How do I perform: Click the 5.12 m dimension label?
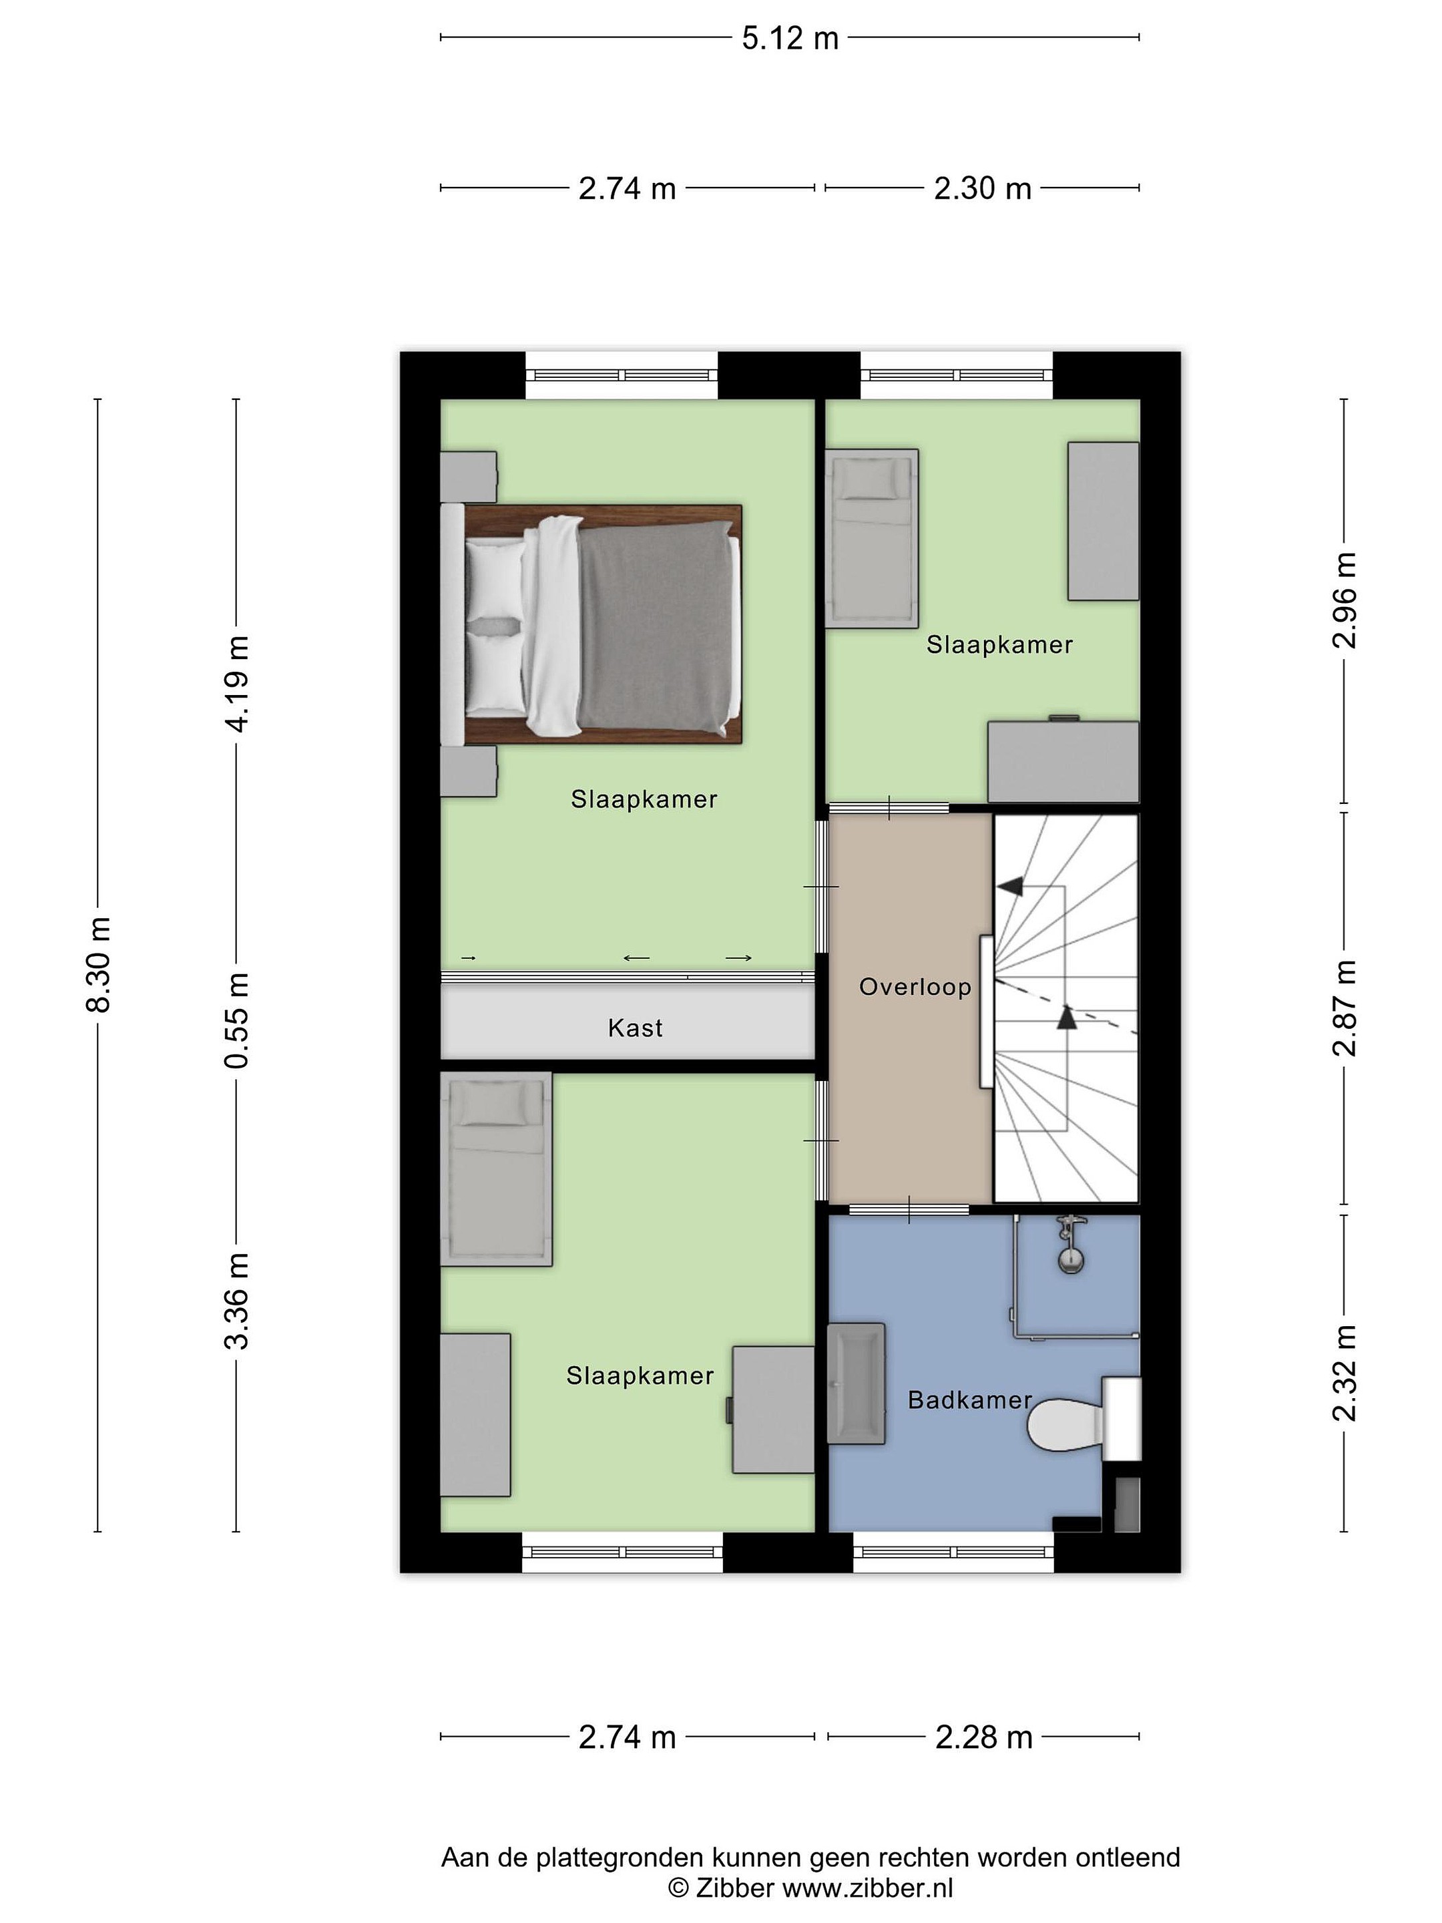coord(789,38)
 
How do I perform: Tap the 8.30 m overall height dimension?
coord(98,965)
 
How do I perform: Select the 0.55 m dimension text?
coord(236,1021)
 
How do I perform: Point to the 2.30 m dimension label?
coord(982,189)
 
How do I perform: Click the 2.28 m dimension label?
coord(983,1737)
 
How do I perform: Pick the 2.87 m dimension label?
coord(1344,1008)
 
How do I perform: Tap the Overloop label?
coord(915,987)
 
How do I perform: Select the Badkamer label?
coord(969,1400)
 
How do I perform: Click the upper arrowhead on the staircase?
coord(1009,886)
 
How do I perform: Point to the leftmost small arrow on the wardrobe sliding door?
coord(469,958)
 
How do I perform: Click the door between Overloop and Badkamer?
coord(909,1209)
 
